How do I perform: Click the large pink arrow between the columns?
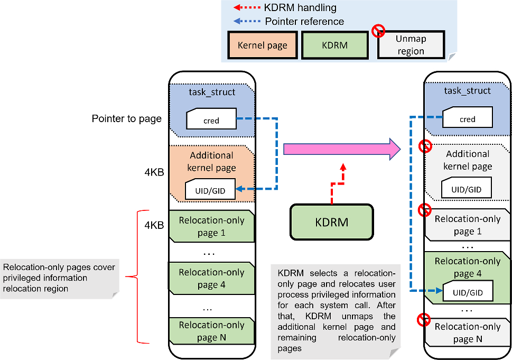(x=341, y=149)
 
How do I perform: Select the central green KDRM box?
(x=332, y=222)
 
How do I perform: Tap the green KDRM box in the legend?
(x=334, y=45)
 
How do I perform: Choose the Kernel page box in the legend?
(x=263, y=45)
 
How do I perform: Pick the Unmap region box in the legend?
(x=411, y=45)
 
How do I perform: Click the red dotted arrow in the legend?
(x=247, y=7)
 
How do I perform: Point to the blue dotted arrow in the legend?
(x=247, y=21)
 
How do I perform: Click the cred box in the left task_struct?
(x=211, y=118)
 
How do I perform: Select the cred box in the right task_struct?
(x=467, y=117)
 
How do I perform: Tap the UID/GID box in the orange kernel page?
(x=210, y=189)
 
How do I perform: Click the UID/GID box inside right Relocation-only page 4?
(x=468, y=291)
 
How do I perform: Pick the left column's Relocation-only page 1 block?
(x=211, y=226)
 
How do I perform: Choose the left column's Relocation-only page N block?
(x=211, y=331)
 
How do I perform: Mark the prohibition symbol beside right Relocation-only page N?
(x=424, y=320)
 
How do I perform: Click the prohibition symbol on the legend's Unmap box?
(x=378, y=31)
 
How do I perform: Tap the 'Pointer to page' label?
(x=127, y=118)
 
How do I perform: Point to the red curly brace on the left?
(x=137, y=277)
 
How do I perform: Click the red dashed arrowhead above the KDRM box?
(x=343, y=167)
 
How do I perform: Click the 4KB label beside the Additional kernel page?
(x=154, y=172)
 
